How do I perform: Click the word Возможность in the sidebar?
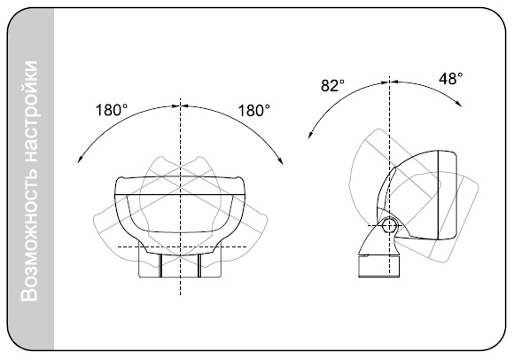(x=29, y=235)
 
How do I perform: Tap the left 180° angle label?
(x=112, y=110)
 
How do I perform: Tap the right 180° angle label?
(x=253, y=110)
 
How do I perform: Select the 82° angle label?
(x=332, y=86)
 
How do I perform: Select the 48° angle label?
(x=451, y=79)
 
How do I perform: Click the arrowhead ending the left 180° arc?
(x=79, y=160)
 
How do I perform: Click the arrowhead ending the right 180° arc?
(x=281, y=160)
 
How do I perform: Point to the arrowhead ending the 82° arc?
(x=309, y=136)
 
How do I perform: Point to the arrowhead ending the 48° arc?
(x=459, y=103)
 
